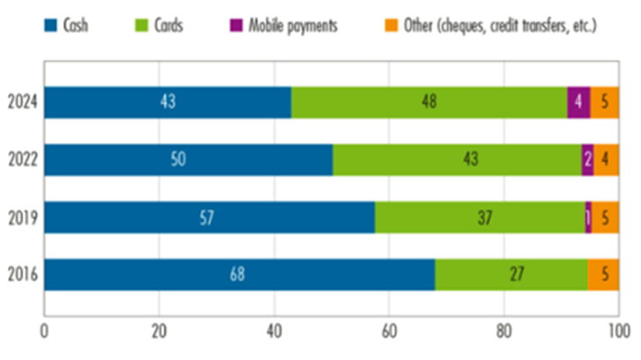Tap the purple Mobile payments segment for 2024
(x=578, y=103)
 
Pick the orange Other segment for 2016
(x=603, y=274)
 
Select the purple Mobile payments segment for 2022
(x=587, y=160)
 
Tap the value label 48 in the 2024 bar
(x=429, y=103)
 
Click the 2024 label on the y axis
(x=24, y=103)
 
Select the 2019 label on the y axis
(x=24, y=217)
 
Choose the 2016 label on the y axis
(x=24, y=274)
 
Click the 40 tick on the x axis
(x=274, y=333)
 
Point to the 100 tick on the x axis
(x=618, y=333)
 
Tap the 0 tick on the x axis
(x=45, y=333)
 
